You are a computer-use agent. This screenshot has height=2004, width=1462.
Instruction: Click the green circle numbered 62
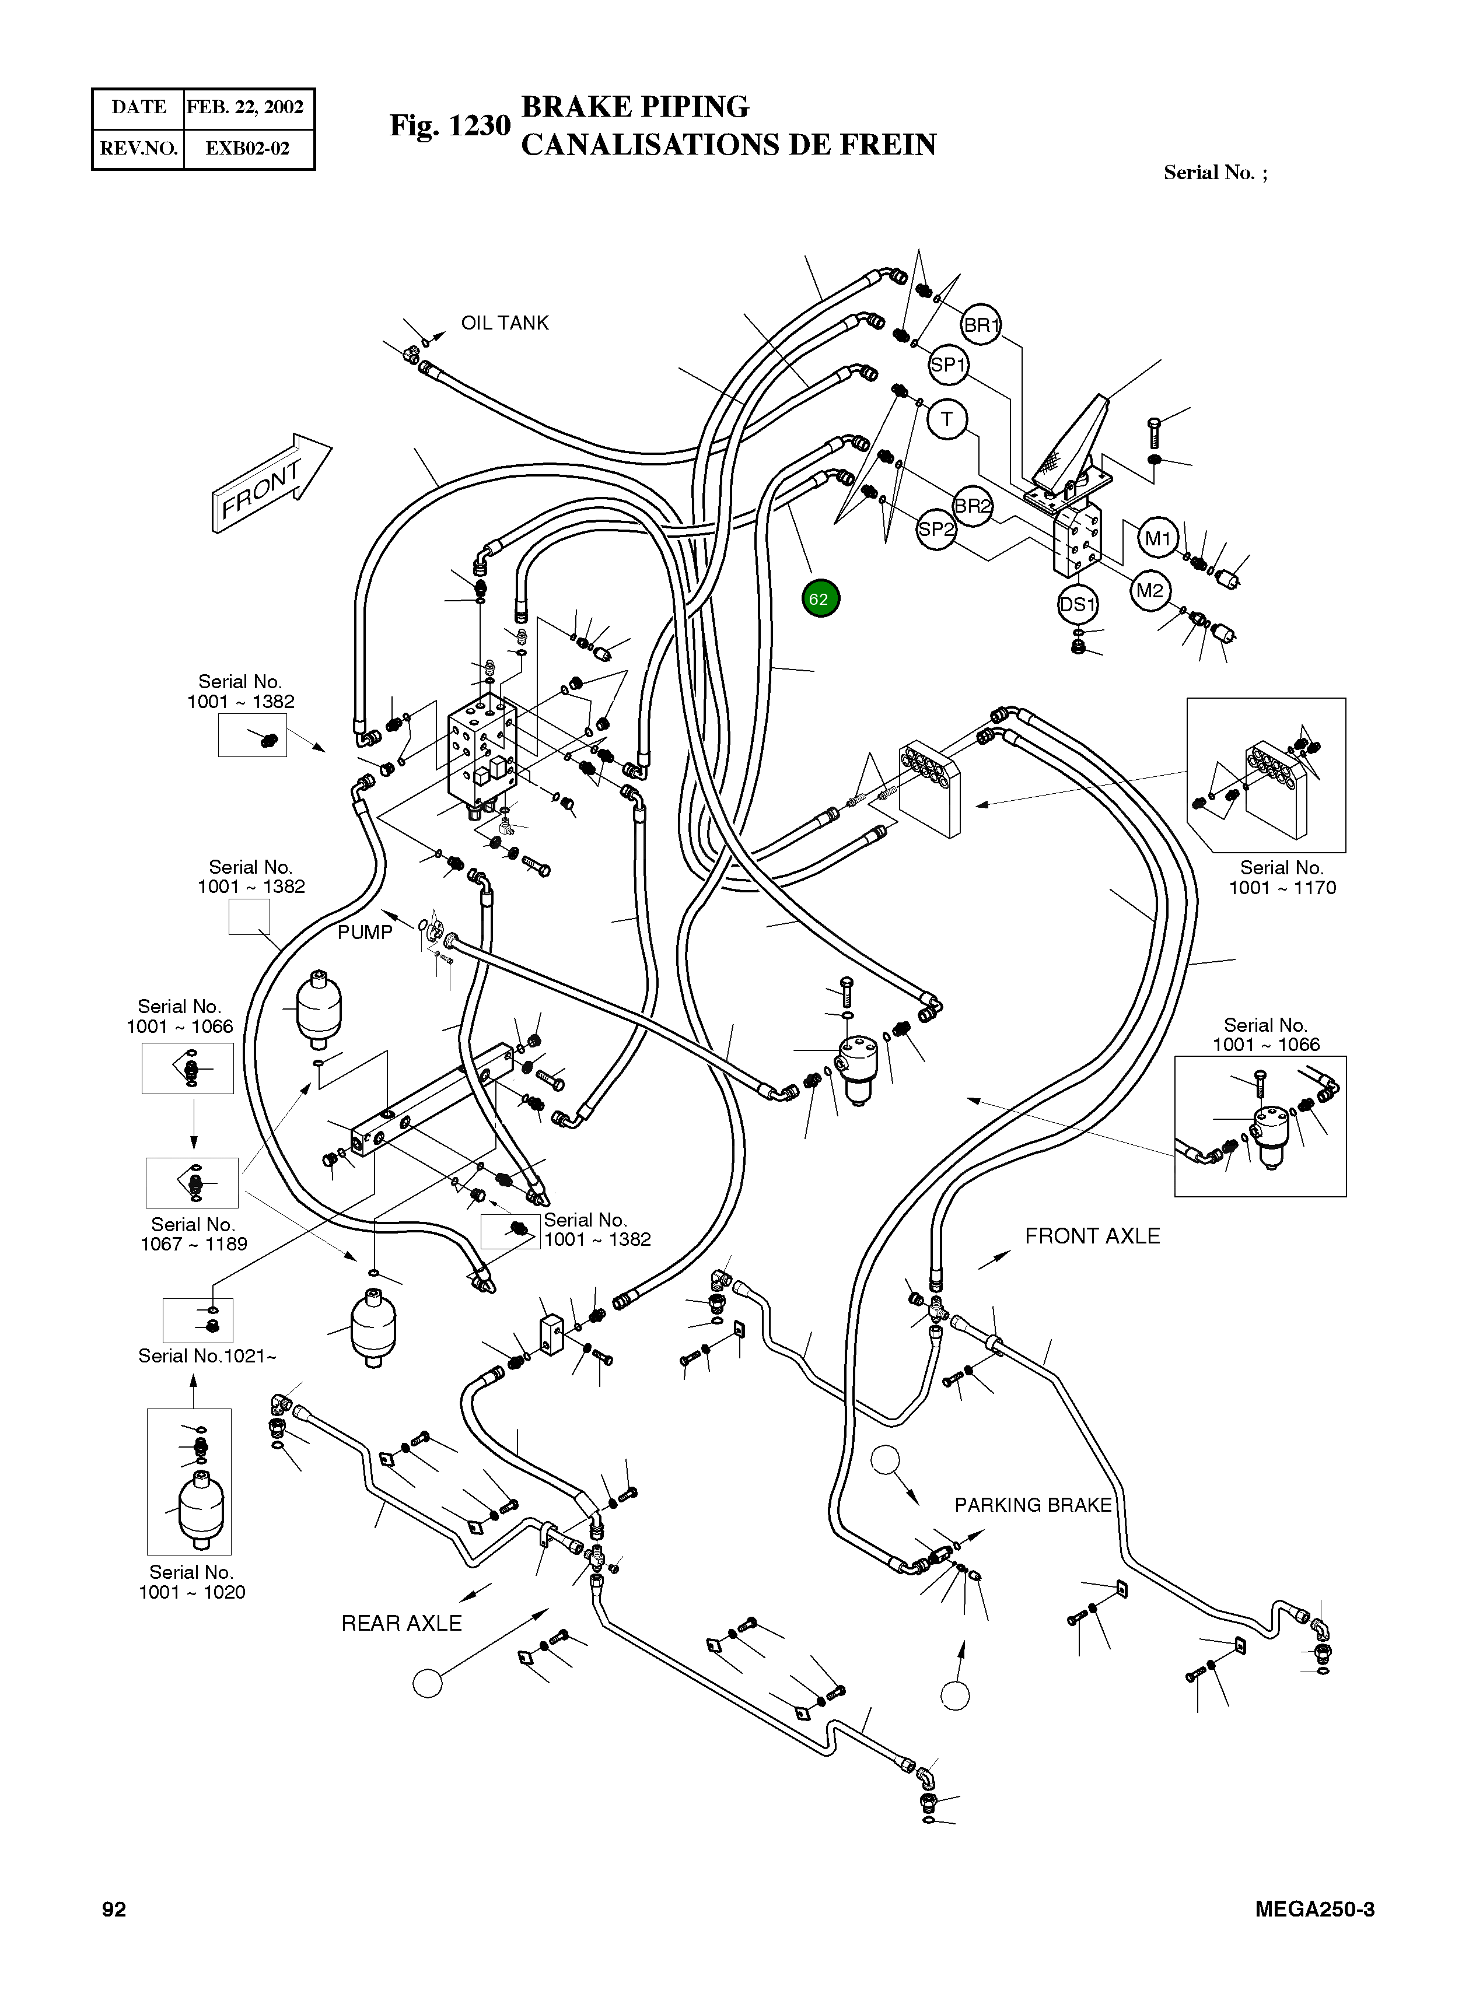(820, 599)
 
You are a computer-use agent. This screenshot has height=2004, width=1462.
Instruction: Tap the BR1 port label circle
(981, 325)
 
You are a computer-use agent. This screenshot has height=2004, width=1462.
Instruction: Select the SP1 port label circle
(948, 365)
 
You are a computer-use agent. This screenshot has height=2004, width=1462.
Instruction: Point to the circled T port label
(947, 419)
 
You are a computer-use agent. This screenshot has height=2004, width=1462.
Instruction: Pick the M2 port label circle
(1150, 590)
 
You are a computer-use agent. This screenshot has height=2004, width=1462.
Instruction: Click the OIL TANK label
(505, 323)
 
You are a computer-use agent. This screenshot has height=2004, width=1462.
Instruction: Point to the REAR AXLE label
(402, 1623)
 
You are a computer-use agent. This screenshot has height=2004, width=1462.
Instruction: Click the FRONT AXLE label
(1092, 1236)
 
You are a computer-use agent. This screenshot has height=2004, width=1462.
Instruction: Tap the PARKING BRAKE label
(1033, 1505)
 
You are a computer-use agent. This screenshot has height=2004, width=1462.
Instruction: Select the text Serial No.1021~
(207, 1355)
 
